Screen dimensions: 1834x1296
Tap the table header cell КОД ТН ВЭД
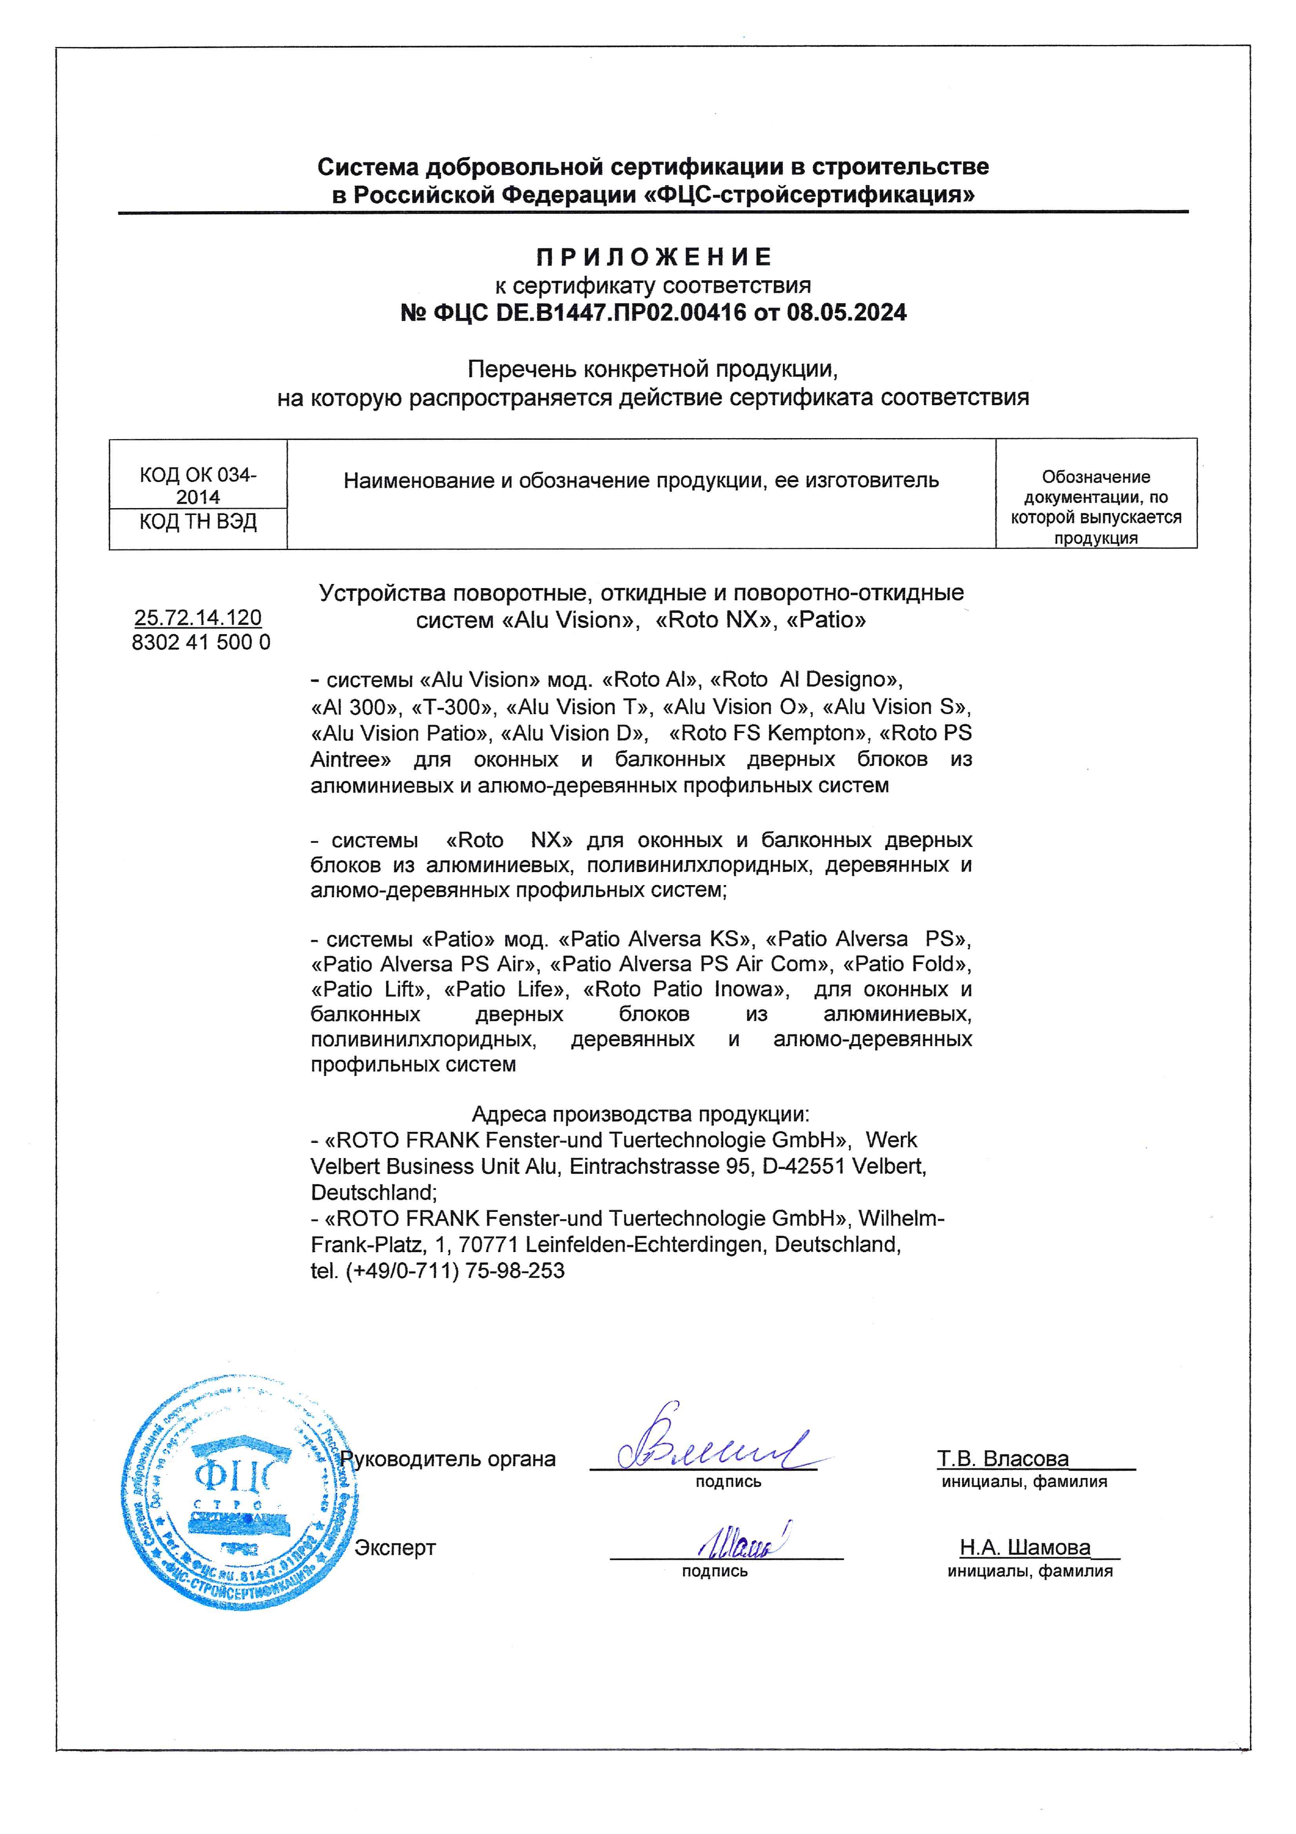click(198, 522)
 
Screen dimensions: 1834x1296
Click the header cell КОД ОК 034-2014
click(198, 486)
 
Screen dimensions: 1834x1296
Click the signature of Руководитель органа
click(711, 1448)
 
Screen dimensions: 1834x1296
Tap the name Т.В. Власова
click(1002, 1459)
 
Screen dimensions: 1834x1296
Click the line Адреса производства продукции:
click(640, 1114)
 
